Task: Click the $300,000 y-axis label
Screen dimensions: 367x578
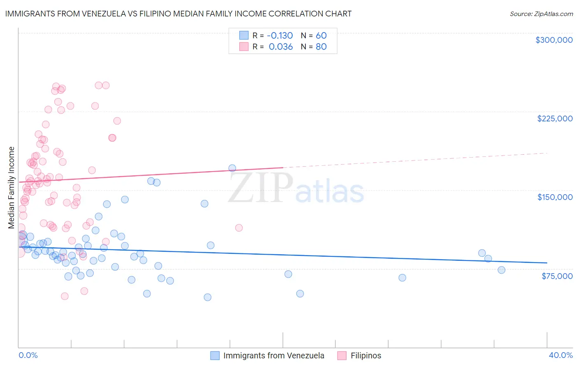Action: click(554, 40)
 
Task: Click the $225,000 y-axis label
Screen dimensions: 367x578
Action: click(555, 118)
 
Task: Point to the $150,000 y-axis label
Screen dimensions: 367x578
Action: click(555, 197)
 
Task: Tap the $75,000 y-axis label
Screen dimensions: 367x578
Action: click(557, 276)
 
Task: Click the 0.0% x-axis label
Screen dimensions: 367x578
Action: click(28, 355)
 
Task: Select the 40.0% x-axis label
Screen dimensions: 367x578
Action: click(560, 355)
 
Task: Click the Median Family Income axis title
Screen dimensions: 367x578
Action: click(12, 188)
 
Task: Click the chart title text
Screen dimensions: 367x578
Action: click(178, 14)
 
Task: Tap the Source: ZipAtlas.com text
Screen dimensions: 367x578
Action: click(541, 14)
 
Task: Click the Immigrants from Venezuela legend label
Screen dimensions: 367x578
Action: click(273, 355)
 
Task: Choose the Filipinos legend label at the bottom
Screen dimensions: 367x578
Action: click(365, 355)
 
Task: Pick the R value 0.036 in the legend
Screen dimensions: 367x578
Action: click(281, 47)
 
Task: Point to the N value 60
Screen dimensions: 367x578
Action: click(321, 35)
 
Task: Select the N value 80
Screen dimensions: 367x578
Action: click(321, 47)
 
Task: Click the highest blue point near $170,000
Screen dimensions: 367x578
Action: click(232, 168)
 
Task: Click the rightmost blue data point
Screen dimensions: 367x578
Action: click(502, 270)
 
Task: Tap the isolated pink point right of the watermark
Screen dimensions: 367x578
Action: click(239, 228)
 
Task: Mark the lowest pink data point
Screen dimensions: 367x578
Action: click(65, 296)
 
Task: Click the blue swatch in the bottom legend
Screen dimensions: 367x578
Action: click(215, 355)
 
